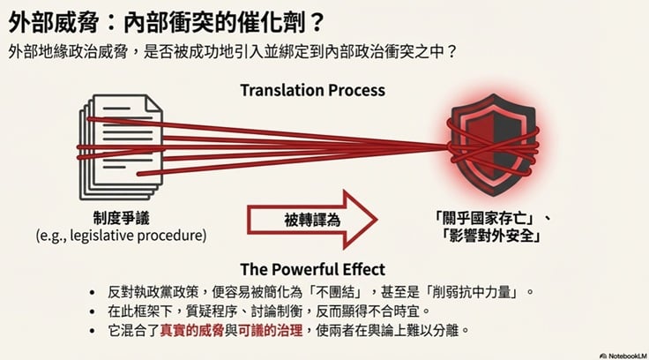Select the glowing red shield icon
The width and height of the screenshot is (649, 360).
pyautogui.click(x=492, y=146)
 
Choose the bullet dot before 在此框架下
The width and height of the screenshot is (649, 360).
pyautogui.click(x=92, y=311)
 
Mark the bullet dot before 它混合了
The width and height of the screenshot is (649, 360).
pyautogui.click(x=92, y=329)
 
